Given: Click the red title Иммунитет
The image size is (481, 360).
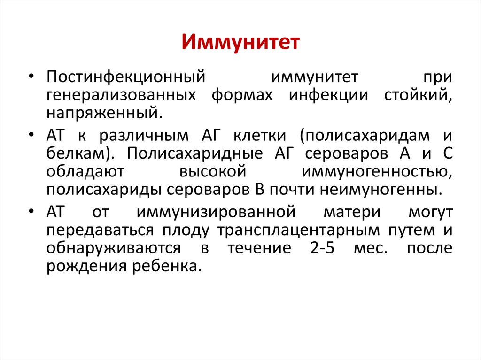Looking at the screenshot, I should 240,42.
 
